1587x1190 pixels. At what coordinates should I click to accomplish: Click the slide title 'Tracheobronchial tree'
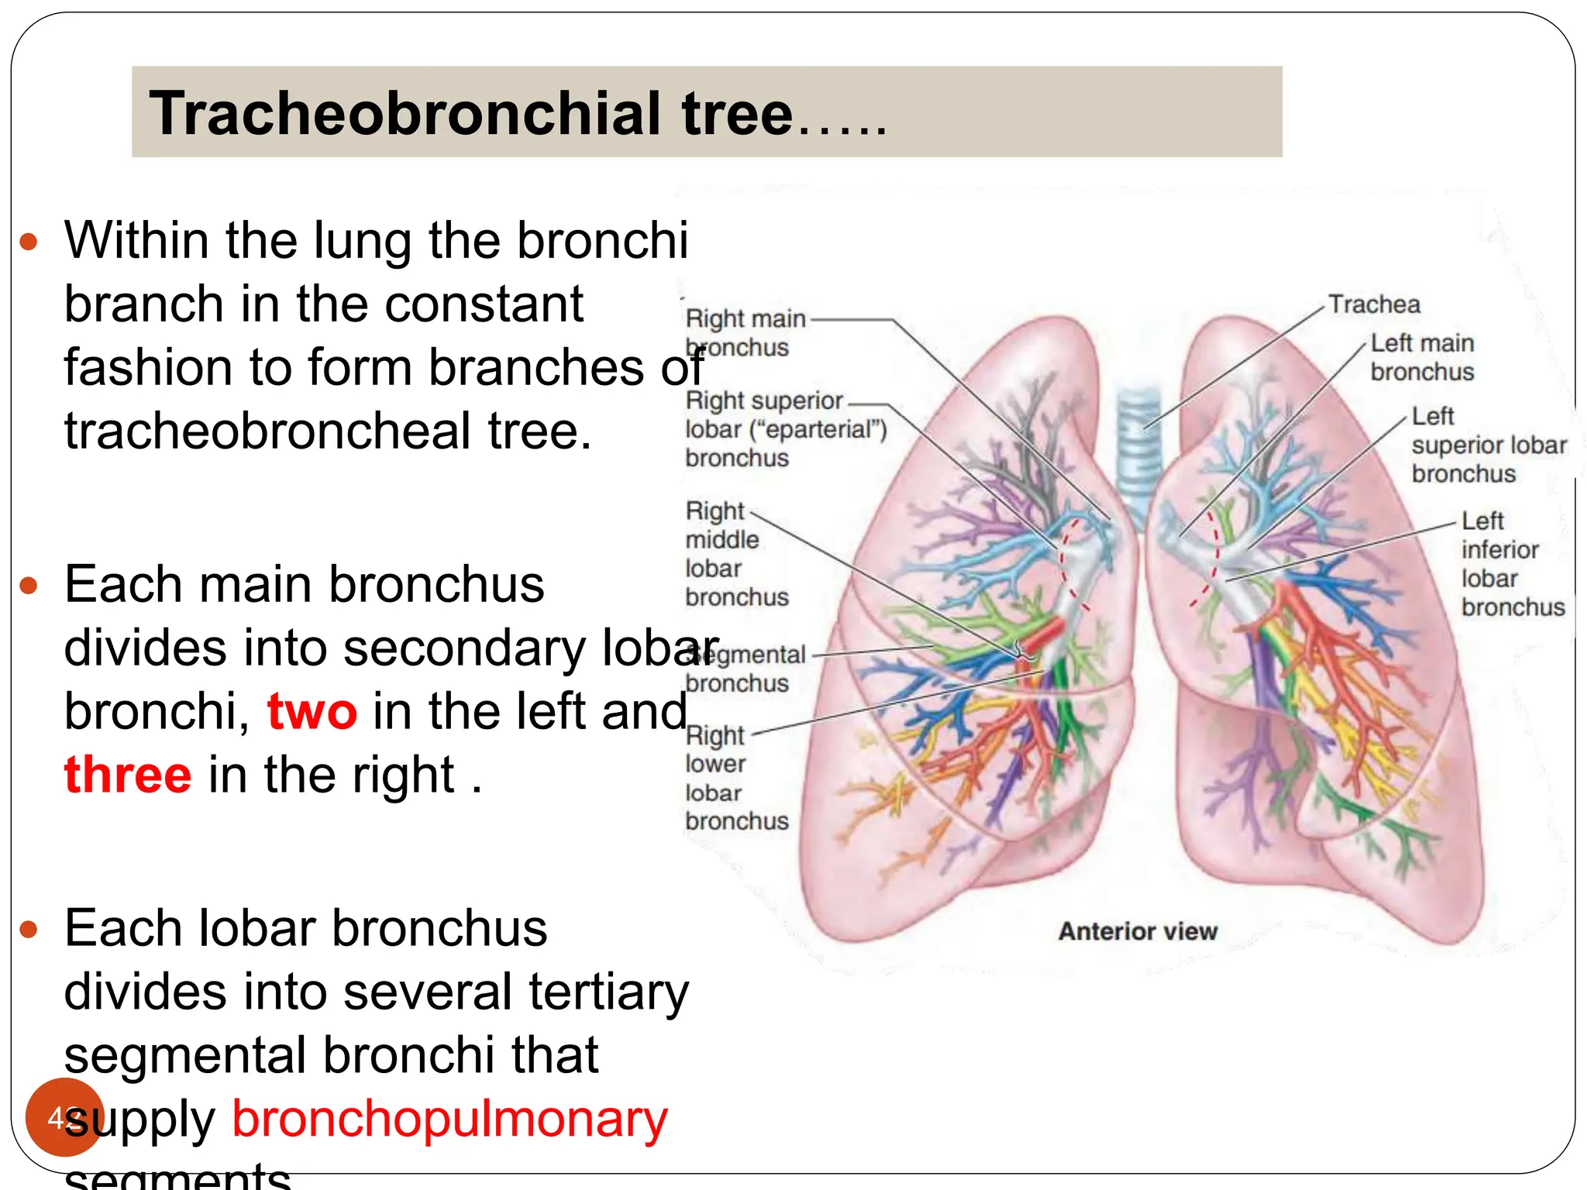pyautogui.click(x=471, y=113)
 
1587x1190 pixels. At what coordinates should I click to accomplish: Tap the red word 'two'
pyautogui.click(x=312, y=711)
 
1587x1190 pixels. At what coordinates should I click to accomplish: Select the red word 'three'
pyautogui.click(x=128, y=775)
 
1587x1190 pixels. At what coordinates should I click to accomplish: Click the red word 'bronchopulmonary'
pyautogui.click(x=449, y=1119)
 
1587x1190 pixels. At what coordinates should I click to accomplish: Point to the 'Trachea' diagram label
pyautogui.click(x=1374, y=304)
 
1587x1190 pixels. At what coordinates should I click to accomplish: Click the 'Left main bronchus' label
pyautogui.click(x=1422, y=357)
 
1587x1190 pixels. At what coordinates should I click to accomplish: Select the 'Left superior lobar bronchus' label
pyautogui.click(x=1488, y=445)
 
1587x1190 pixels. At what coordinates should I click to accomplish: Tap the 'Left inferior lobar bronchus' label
pyautogui.click(x=1512, y=563)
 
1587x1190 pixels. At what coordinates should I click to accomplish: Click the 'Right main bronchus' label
pyautogui.click(x=744, y=332)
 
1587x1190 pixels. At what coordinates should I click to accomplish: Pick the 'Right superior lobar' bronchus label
pyautogui.click(x=785, y=429)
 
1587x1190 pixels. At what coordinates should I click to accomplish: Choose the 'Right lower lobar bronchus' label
pyautogui.click(x=735, y=778)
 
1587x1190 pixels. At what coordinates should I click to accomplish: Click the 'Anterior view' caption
pyautogui.click(x=1138, y=931)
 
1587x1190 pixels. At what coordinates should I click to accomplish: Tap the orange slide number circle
pyautogui.click(x=64, y=1117)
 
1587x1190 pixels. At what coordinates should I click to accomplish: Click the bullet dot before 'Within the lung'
pyautogui.click(x=29, y=242)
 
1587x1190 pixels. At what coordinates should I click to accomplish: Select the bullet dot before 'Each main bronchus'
pyautogui.click(x=29, y=585)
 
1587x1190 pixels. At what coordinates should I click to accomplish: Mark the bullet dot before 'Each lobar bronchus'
pyautogui.click(x=29, y=929)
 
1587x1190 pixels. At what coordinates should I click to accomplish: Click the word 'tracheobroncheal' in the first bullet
pyautogui.click(x=267, y=431)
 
